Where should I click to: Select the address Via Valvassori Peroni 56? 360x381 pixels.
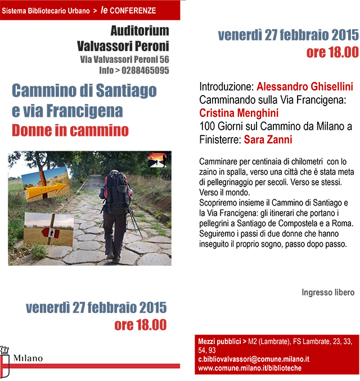click(x=124, y=60)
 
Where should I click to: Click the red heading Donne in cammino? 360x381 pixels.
click(x=70, y=130)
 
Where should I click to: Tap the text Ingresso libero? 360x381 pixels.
click(x=328, y=292)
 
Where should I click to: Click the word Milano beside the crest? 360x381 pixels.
click(x=28, y=359)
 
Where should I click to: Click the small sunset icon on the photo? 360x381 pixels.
click(x=157, y=161)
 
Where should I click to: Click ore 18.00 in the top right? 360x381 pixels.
click(x=332, y=53)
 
